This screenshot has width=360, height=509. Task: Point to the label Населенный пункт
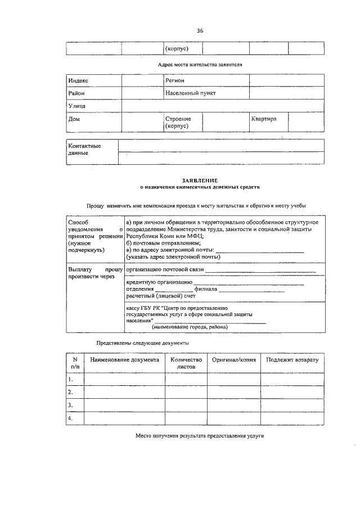point(191,93)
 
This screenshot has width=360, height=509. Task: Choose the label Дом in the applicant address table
point(74,119)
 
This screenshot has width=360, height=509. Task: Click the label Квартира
point(264,119)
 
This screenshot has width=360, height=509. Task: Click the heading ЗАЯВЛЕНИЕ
point(200,180)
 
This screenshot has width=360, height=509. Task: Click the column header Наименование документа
point(124,359)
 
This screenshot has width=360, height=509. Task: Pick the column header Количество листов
point(185,362)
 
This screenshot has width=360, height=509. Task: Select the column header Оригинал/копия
point(233,359)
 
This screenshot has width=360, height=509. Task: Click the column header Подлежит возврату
point(292,359)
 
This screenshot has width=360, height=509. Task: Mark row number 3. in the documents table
point(70,405)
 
